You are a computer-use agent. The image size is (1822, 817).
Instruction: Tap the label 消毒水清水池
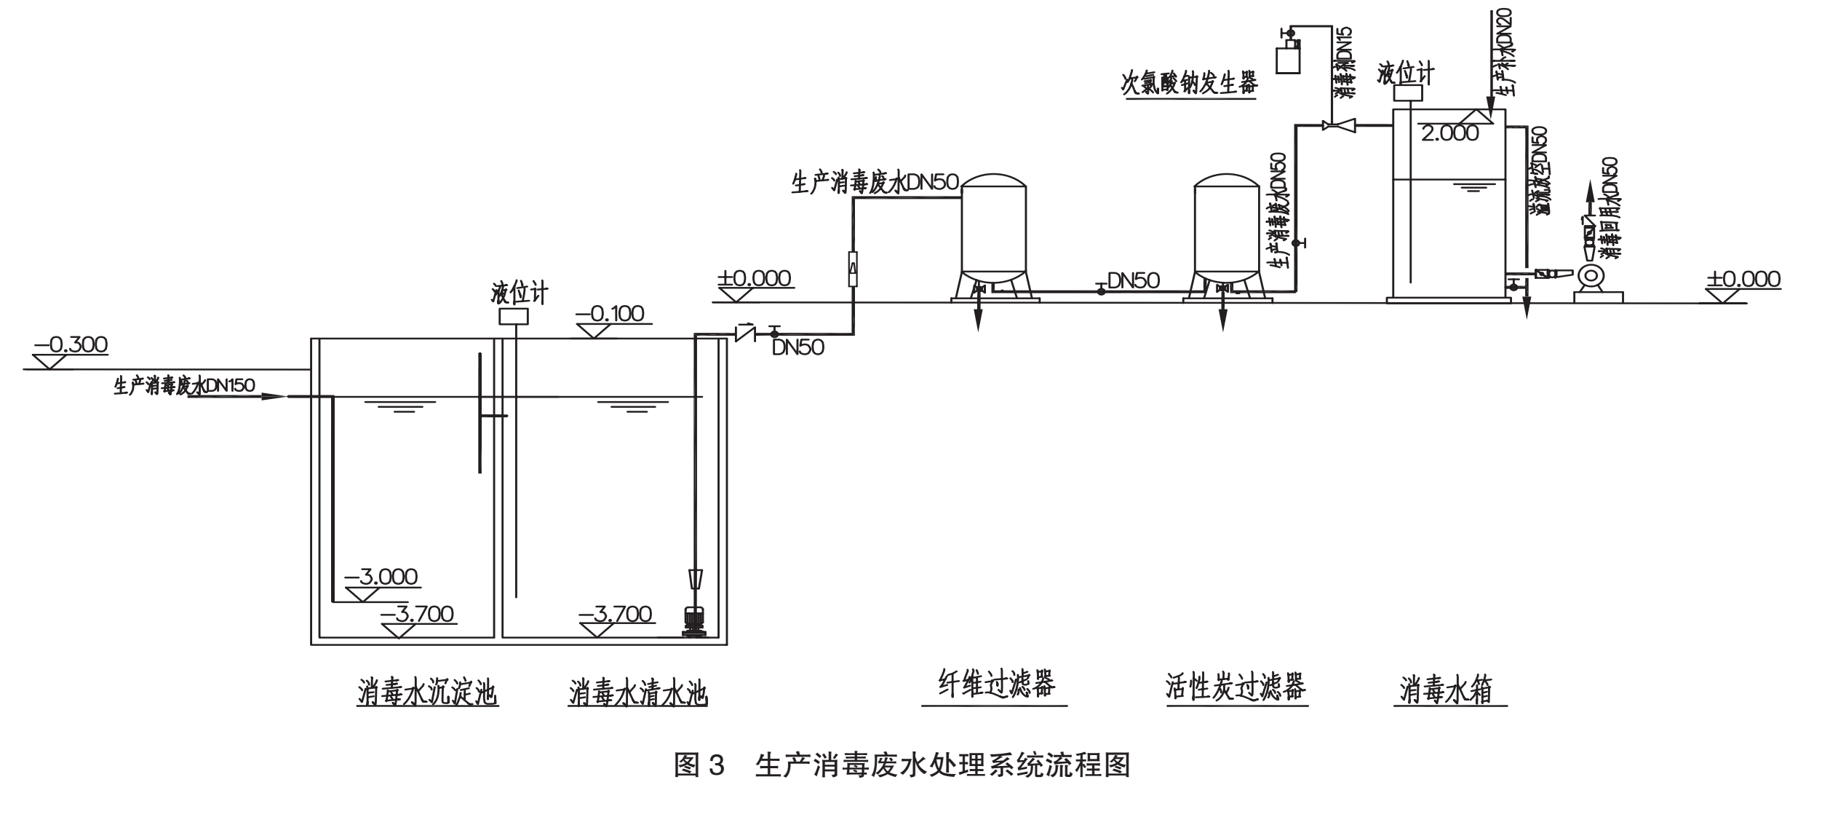tap(638, 692)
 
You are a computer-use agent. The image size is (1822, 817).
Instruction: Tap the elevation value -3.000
tap(381, 577)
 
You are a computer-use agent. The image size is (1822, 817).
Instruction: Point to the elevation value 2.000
tap(1449, 133)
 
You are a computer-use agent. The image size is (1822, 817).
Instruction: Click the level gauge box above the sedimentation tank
tap(513, 316)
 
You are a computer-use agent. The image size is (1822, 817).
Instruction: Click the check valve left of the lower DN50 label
tap(745, 333)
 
